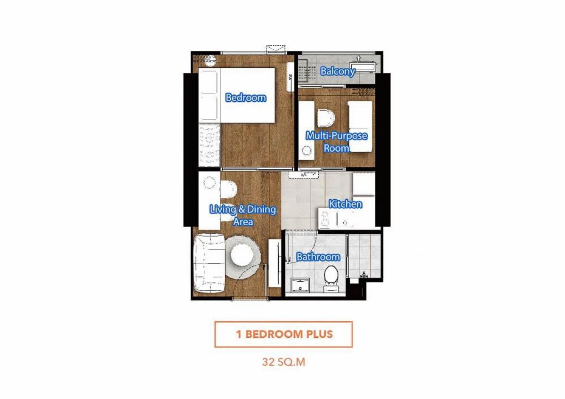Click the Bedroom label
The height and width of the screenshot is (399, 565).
click(246, 98)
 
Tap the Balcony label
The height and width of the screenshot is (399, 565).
click(338, 72)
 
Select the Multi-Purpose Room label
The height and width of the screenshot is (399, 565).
click(337, 142)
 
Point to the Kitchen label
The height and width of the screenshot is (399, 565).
click(346, 204)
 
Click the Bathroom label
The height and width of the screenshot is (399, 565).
click(318, 257)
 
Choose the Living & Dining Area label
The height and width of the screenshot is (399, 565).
click(243, 216)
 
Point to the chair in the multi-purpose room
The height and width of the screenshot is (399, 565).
click(326, 118)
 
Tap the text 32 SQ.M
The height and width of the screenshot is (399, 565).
click(283, 362)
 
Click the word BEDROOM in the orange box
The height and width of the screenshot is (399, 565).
click(274, 334)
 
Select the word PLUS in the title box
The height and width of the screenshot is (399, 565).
click(320, 334)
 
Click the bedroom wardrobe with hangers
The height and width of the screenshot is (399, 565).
click(210, 145)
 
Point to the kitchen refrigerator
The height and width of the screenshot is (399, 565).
click(363, 184)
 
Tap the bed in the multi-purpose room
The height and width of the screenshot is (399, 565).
click(361, 126)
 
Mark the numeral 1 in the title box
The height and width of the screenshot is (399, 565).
click(239, 334)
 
